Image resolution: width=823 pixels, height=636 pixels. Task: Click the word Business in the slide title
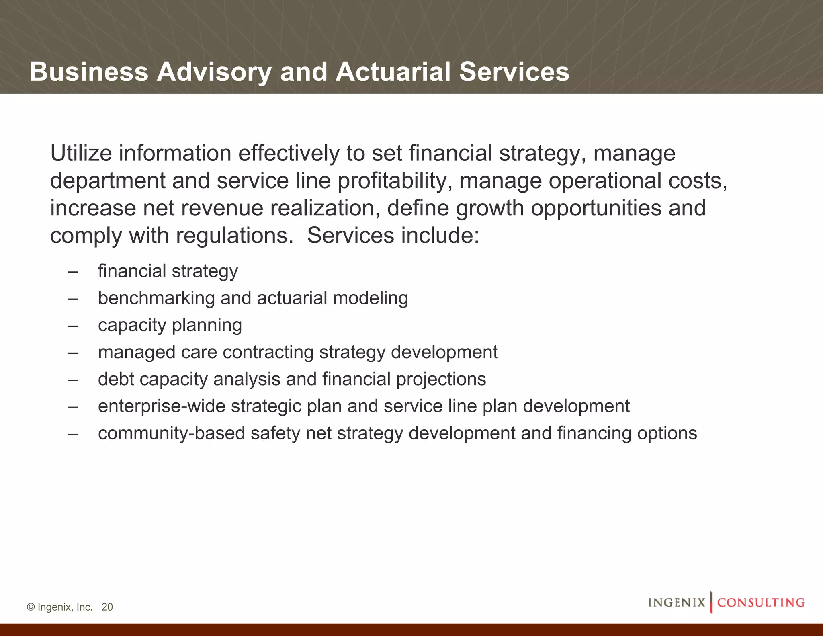coord(89,72)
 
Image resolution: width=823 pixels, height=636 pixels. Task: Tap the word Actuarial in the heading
coord(393,72)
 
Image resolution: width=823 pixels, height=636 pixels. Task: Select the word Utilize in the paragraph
coord(81,154)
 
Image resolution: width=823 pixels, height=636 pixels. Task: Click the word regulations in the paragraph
coord(235,236)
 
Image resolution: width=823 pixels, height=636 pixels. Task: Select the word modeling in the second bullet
coord(370,298)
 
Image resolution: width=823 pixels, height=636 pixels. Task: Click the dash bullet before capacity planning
coord(73,325)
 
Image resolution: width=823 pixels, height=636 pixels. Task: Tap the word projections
coord(441,379)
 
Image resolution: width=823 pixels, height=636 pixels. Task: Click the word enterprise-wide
coord(162,406)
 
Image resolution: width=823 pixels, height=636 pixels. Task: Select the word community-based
coord(171,433)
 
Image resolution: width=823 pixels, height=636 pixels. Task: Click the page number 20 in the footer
coord(107,607)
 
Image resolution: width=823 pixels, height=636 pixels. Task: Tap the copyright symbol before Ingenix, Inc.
coord(31,607)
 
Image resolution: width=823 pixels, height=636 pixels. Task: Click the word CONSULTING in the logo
coord(761,603)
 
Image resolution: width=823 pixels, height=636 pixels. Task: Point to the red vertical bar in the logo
coord(711,602)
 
